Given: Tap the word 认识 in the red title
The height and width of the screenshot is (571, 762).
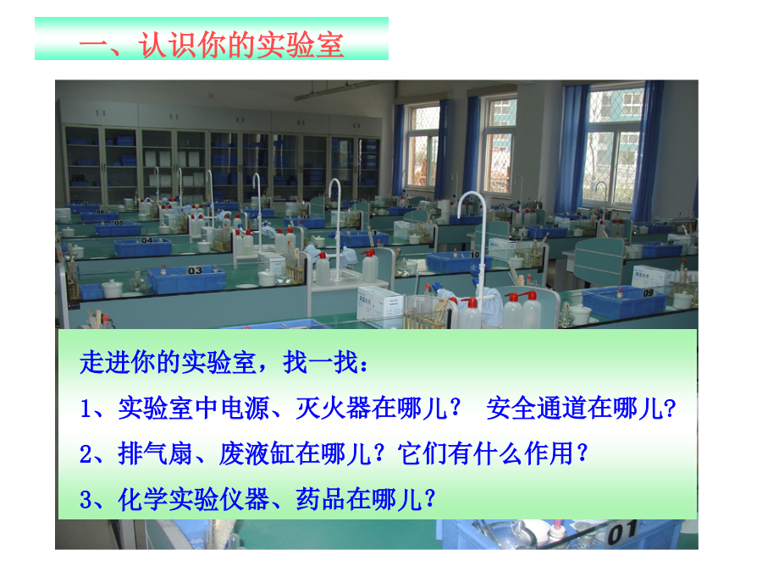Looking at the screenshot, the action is coord(167,45).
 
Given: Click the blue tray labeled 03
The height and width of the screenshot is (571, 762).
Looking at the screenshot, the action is coord(186,279).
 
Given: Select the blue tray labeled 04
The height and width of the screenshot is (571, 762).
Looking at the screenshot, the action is coord(143,246).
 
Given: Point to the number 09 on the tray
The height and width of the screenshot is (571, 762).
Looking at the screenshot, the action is coord(649,293).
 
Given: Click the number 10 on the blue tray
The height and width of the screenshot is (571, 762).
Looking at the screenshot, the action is coord(474,255).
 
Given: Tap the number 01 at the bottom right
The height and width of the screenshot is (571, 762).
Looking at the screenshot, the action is coord(622,533).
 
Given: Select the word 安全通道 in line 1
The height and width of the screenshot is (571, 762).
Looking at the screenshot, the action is coord(536,408).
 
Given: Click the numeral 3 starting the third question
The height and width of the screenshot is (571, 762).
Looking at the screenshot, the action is coord(86,500).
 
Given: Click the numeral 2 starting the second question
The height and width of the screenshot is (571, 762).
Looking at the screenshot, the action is coord(86,454).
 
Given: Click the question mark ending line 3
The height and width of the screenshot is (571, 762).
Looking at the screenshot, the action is coord(429,498).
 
